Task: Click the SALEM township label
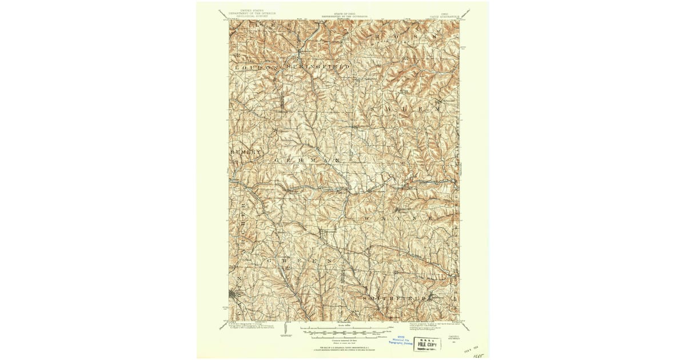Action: pyautogui.click(x=405, y=108)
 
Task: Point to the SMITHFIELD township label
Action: pyautogui.click(x=394, y=298)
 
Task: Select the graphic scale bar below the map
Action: pyautogui.click(x=343, y=332)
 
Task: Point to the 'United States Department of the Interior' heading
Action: pyautogui.click(x=252, y=13)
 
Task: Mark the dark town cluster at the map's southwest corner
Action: pyautogui.click(x=234, y=294)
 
